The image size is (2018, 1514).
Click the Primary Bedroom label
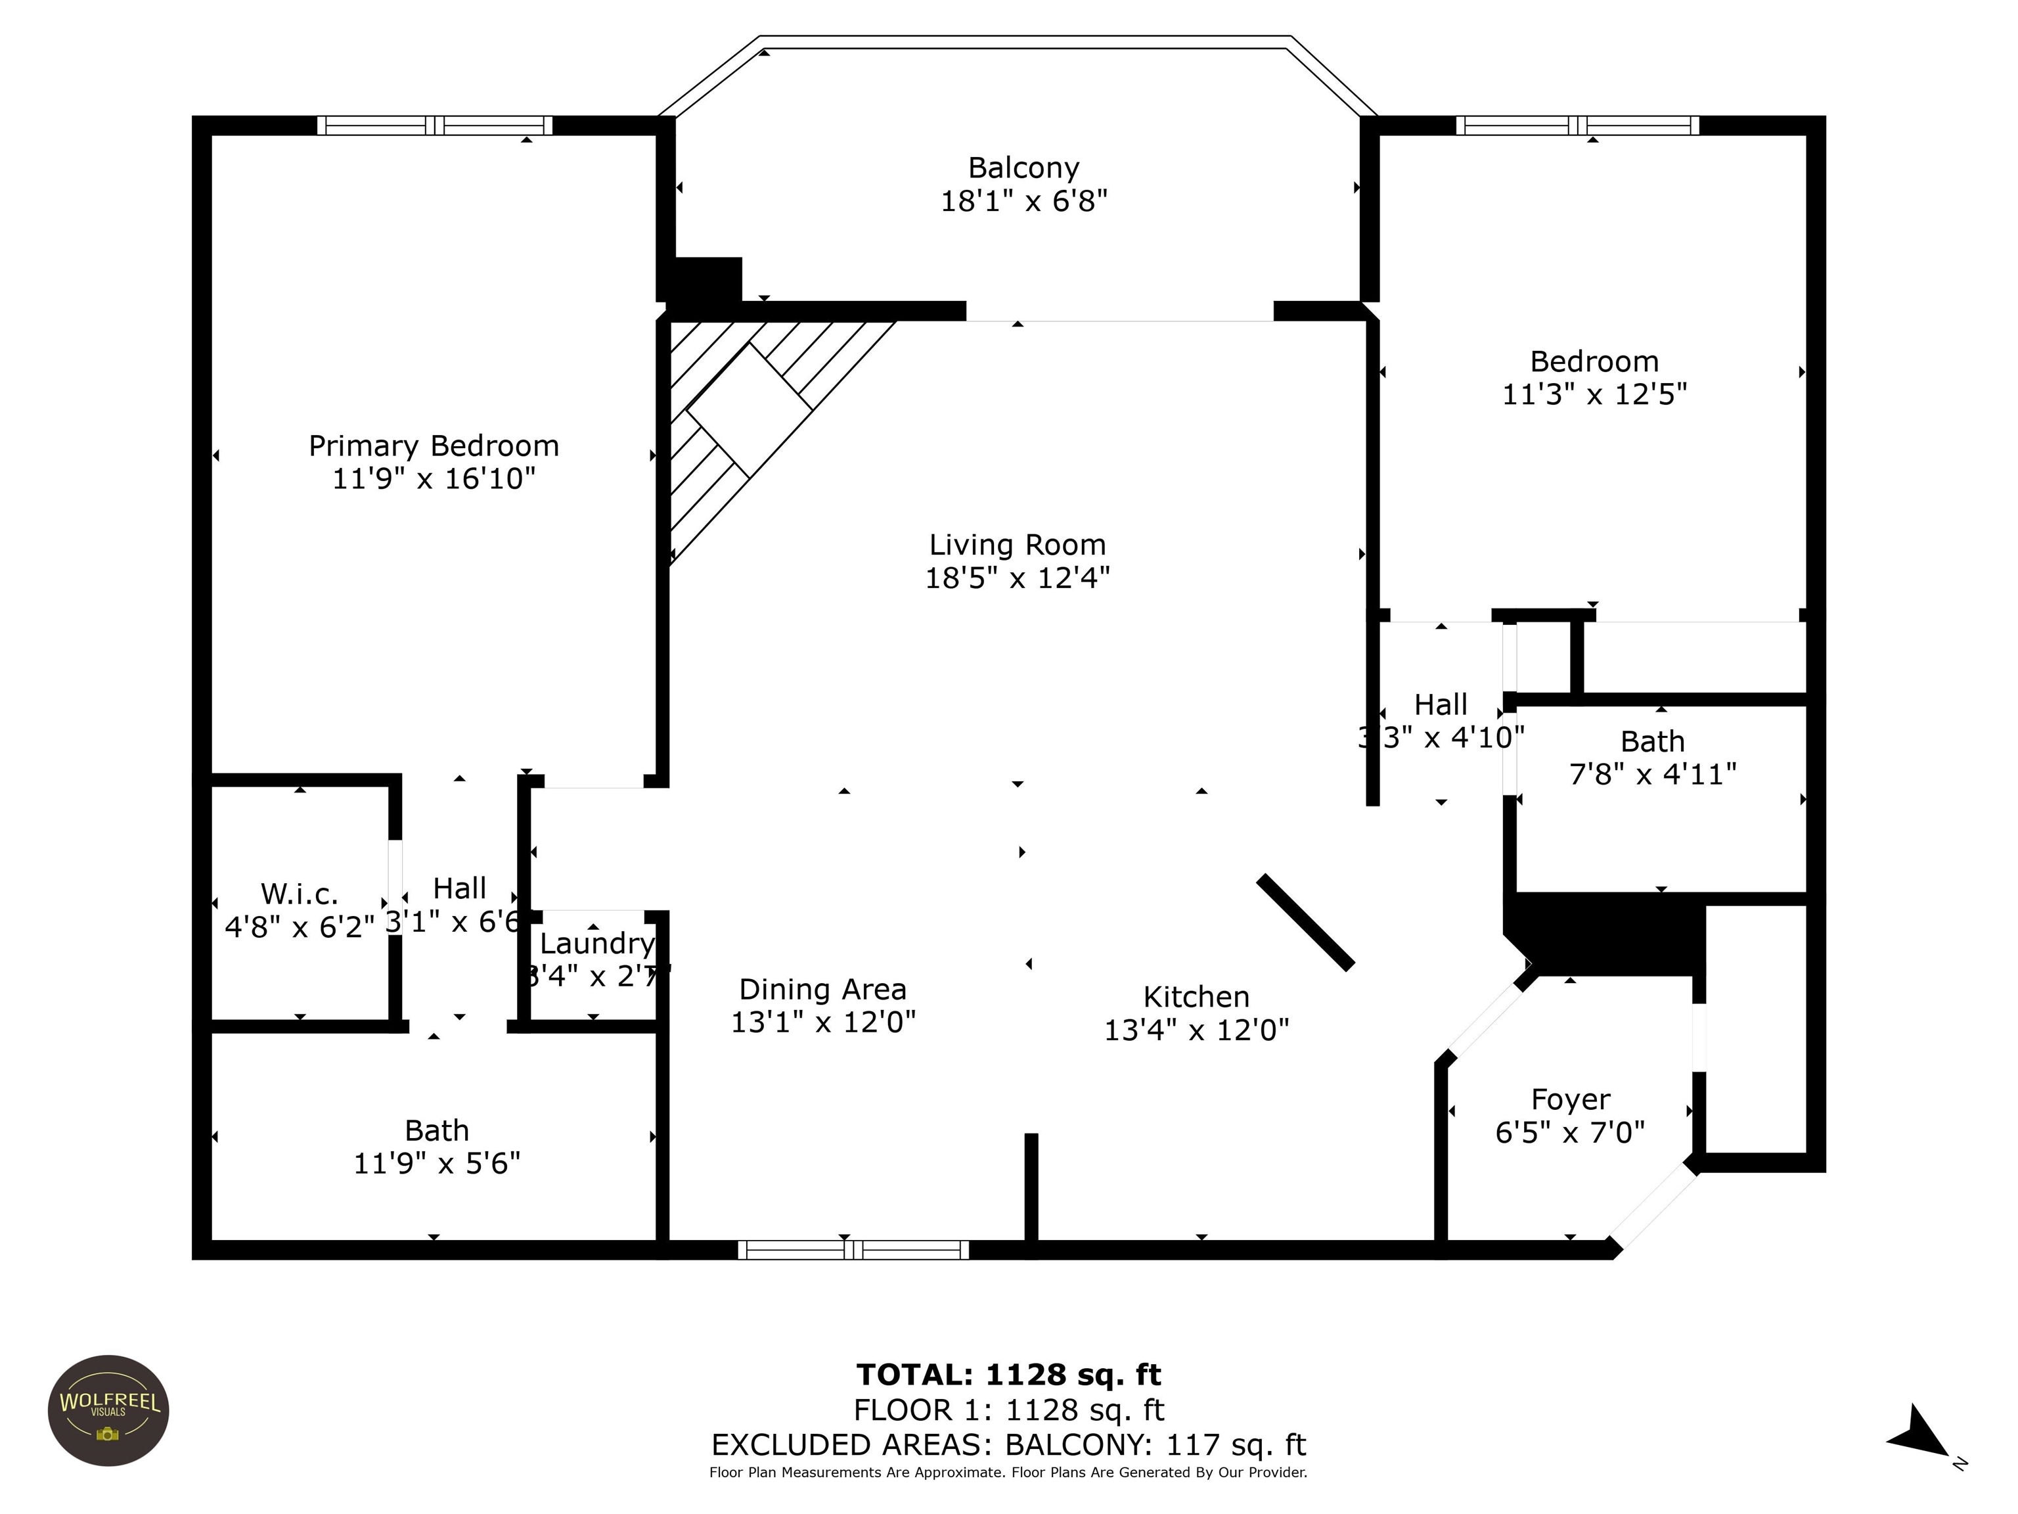coord(434,446)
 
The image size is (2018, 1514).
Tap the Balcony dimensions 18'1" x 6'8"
coord(1023,201)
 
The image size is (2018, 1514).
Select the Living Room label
coord(1017,545)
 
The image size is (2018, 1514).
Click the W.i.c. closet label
coord(300,894)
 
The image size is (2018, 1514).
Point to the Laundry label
coord(598,943)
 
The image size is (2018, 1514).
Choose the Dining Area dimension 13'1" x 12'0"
coord(823,1022)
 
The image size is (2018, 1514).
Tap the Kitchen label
coord(1196,997)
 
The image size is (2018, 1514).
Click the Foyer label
coord(1570,1099)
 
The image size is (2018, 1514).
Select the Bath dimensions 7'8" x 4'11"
coord(1652,774)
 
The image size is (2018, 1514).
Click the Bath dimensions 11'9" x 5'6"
coord(437,1162)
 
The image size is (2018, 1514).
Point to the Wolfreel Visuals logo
coord(108,1410)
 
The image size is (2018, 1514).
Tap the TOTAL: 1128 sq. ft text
coord(1008,1375)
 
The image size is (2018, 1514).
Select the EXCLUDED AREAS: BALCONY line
coord(1008,1444)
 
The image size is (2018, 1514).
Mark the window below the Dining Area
coord(853,1249)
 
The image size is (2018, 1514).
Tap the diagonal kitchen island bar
coord(1305,922)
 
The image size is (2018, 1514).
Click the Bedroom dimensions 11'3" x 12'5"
coord(1594,394)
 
